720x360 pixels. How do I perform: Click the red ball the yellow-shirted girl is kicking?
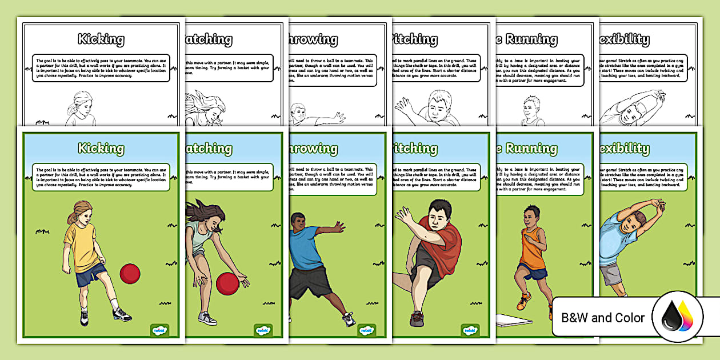(130, 274)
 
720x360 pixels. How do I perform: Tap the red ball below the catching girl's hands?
(227, 283)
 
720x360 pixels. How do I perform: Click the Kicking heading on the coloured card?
(101, 149)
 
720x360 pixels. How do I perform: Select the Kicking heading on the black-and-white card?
(101, 39)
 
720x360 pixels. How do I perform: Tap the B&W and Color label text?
(603, 318)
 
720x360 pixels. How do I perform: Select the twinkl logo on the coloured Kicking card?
(160, 330)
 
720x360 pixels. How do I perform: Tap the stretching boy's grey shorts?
(611, 274)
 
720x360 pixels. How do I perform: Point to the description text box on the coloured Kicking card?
(101, 177)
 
